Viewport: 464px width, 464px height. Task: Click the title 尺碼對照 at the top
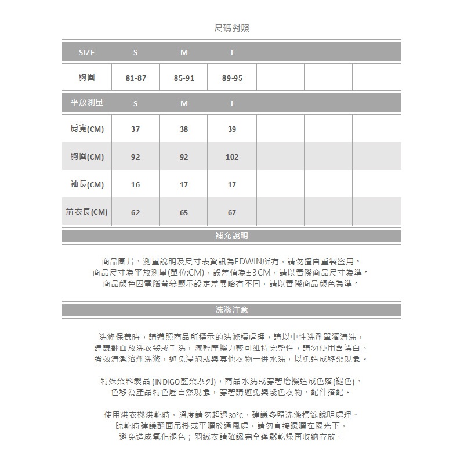coord(231,28)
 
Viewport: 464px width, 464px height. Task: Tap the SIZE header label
coord(86,53)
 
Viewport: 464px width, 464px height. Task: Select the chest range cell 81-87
coord(135,78)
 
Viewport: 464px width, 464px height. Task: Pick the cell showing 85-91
coord(184,78)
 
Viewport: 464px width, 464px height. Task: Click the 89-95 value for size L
coord(232,78)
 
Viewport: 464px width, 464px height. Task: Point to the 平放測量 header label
coord(86,103)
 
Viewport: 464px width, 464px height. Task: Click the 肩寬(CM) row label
coord(87,129)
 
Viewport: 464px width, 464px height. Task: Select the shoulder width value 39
coord(232,129)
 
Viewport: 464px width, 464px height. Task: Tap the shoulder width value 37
coord(135,129)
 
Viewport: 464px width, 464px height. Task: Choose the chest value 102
coord(232,157)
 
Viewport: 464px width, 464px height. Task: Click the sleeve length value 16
coord(135,185)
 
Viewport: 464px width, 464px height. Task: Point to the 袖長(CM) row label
coord(87,184)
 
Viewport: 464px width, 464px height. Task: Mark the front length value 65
coord(184,213)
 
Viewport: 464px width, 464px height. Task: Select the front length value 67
coord(232,213)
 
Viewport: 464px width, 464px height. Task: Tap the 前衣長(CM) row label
coord(87,212)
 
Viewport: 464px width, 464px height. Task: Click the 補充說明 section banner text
coord(231,236)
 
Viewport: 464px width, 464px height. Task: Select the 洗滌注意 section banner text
coord(231,310)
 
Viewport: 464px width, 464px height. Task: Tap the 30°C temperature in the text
coord(237,415)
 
